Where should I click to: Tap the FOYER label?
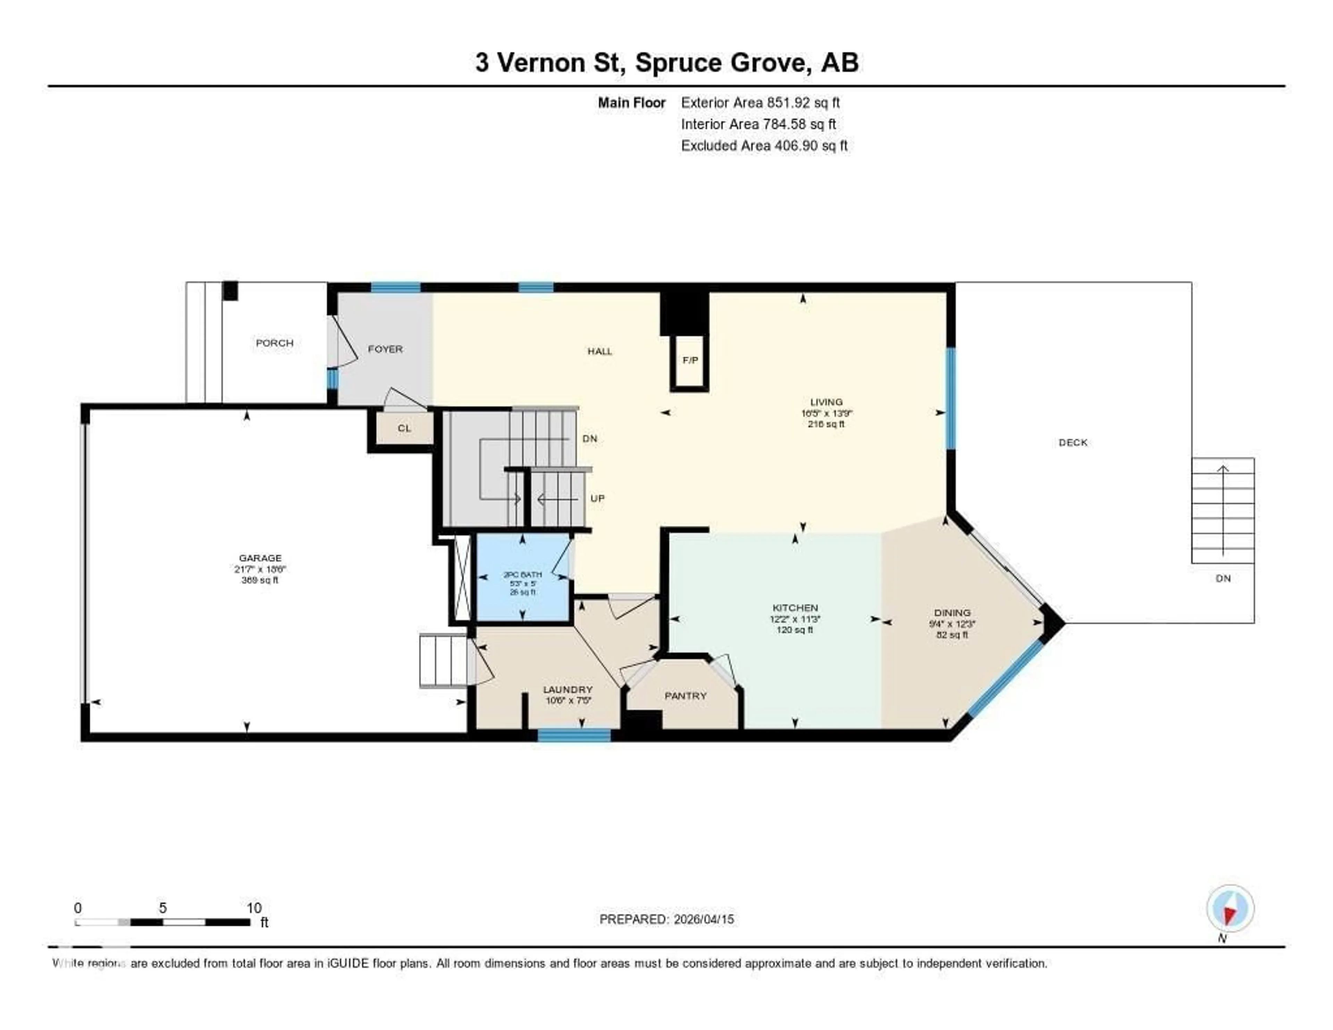pyautogui.click(x=385, y=349)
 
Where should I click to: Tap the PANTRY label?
pyautogui.click(x=686, y=696)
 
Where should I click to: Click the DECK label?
pyautogui.click(x=1073, y=443)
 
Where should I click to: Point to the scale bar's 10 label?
pyautogui.click(x=254, y=908)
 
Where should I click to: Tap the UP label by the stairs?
pyautogui.click(x=597, y=499)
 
